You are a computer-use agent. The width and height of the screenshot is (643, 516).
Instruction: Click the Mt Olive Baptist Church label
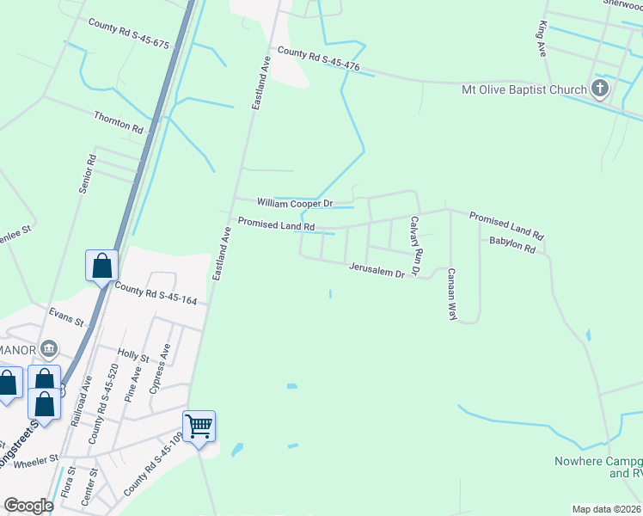click(x=524, y=89)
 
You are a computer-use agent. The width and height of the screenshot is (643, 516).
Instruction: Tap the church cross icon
click(x=600, y=89)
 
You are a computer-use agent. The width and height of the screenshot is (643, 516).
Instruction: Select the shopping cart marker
click(x=199, y=426)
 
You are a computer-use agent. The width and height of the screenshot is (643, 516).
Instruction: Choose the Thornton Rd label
click(x=119, y=121)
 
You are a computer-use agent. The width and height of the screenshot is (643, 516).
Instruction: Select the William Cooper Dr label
click(x=294, y=204)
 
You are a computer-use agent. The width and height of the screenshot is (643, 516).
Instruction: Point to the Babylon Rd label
click(x=512, y=246)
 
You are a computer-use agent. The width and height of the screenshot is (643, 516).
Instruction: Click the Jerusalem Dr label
click(x=377, y=272)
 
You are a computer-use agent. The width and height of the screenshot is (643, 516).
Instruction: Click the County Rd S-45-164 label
click(x=156, y=294)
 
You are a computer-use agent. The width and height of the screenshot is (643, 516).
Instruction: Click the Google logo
click(x=29, y=506)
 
